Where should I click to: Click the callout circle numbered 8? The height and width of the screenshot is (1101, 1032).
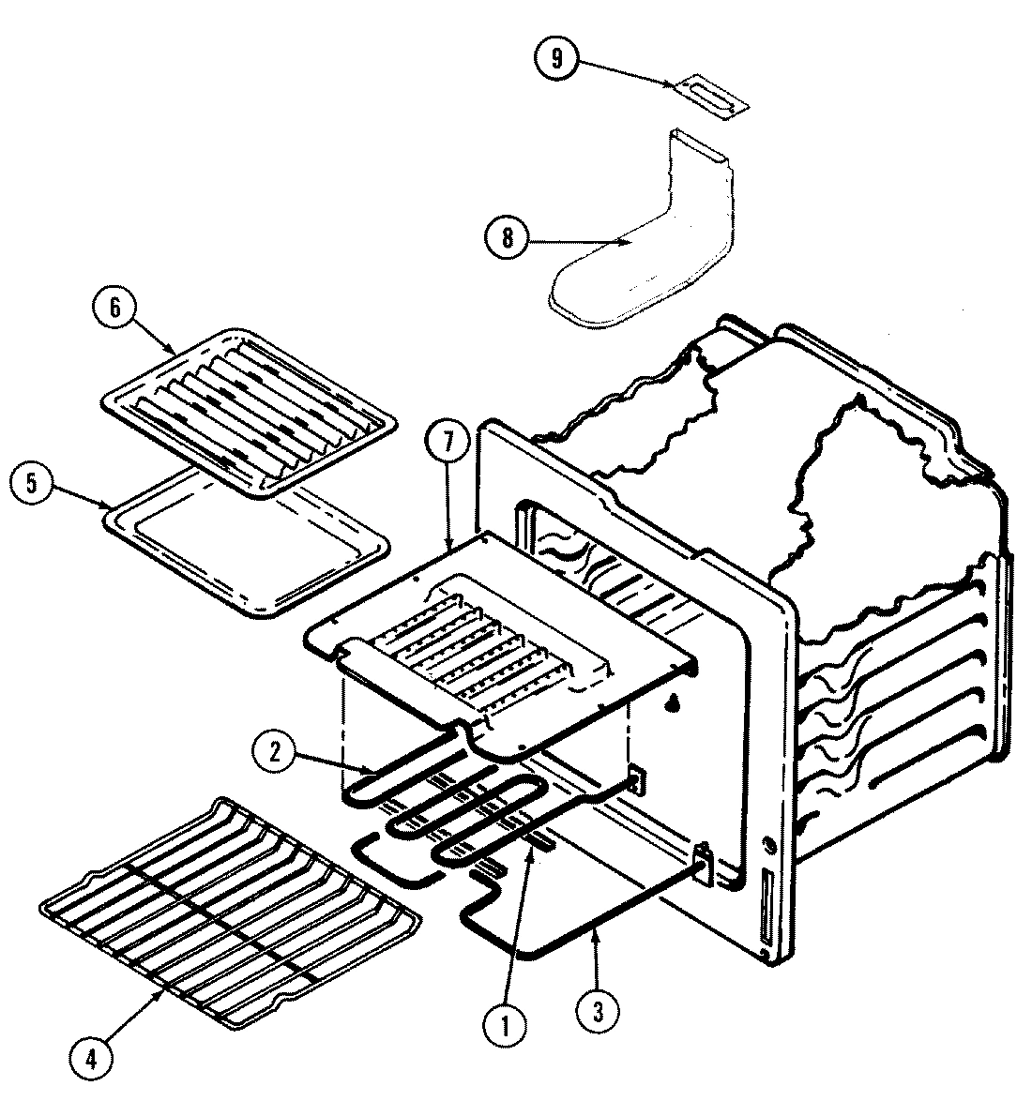coord(508,237)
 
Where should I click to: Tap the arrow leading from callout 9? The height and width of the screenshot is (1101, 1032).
coord(624,73)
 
